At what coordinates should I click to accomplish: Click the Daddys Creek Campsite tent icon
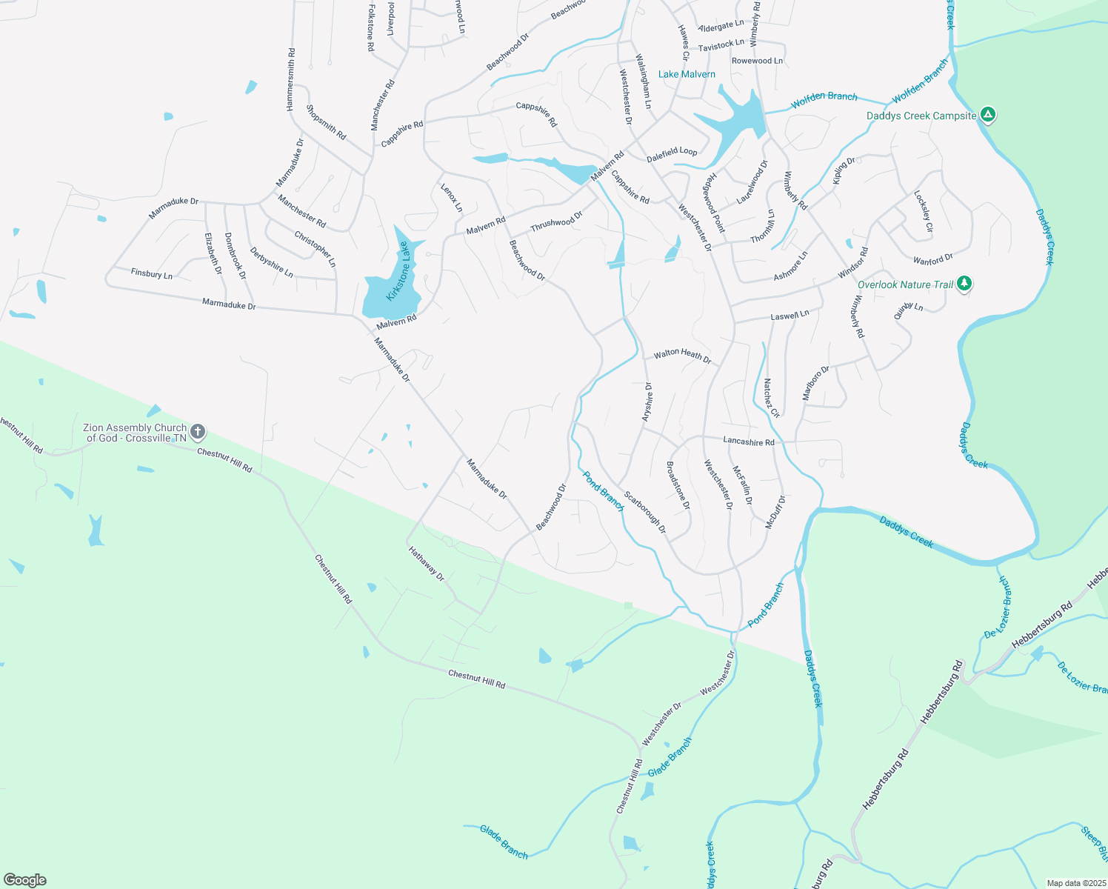pyautogui.click(x=987, y=115)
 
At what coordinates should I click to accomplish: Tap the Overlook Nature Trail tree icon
pyautogui.click(x=964, y=283)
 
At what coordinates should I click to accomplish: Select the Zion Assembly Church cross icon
pyautogui.click(x=197, y=431)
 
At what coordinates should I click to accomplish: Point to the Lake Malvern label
pyautogui.click(x=687, y=74)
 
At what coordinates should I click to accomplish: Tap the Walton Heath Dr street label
pyautogui.click(x=682, y=356)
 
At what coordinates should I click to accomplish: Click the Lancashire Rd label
pyautogui.click(x=748, y=442)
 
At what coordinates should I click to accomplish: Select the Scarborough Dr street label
pyautogui.click(x=644, y=513)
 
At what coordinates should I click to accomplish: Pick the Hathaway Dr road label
pyautogui.click(x=427, y=563)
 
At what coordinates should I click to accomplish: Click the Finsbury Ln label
pyautogui.click(x=152, y=273)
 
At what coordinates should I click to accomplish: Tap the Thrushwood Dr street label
pyautogui.click(x=556, y=221)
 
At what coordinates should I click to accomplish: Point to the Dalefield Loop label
pyautogui.click(x=672, y=153)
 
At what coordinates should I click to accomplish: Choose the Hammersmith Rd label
pyautogui.click(x=291, y=80)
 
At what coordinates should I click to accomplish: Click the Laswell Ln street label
pyautogui.click(x=790, y=316)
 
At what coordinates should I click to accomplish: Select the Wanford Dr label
pyautogui.click(x=932, y=260)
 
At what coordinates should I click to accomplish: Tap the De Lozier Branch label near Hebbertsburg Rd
pyautogui.click(x=998, y=607)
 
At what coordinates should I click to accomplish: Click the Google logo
pyautogui.click(x=25, y=880)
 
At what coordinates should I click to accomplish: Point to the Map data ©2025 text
pyautogui.click(x=1075, y=883)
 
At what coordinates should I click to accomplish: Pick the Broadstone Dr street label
pyautogui.click(x=678, y=485)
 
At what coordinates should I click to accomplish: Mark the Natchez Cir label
pyautogui.click(x=771, y=399)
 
